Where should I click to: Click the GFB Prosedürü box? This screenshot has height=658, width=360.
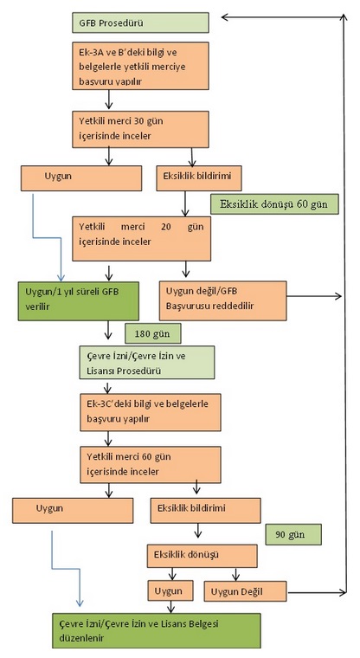click(140, 23)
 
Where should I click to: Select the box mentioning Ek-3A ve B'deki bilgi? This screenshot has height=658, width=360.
click(140, 66)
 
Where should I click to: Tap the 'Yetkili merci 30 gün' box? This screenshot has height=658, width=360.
click(140, 129)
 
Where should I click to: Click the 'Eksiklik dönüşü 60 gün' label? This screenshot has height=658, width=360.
click(274, 204)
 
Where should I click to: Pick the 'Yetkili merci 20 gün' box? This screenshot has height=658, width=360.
click(141, 239)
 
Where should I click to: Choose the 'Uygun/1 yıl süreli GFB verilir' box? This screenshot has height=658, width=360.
click(79, 301)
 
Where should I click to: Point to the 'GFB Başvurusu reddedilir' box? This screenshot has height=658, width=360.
click(223, 300)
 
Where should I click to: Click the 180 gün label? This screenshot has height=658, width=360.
click(152, 333)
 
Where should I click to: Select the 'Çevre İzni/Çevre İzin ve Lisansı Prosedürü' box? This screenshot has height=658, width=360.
click(147, 362)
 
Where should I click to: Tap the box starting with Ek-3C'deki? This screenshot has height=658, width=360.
click(151, 411)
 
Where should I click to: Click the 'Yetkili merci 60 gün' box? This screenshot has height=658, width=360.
click(151, 465)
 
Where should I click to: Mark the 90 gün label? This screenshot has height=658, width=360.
click(293, 534)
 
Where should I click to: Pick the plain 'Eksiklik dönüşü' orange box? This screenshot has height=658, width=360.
click(202, 556)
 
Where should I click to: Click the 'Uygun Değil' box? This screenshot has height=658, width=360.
click(246, 591)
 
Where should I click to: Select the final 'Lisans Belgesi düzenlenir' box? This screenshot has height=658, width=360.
click(157, 630)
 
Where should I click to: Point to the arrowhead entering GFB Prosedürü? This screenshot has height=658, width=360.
click(224, 17)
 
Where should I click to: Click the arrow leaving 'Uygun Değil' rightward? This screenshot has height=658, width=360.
click(317, 592)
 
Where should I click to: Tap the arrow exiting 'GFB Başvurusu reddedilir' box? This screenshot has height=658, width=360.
click(314, 296)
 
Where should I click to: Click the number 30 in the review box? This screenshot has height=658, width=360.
click(138, 121)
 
